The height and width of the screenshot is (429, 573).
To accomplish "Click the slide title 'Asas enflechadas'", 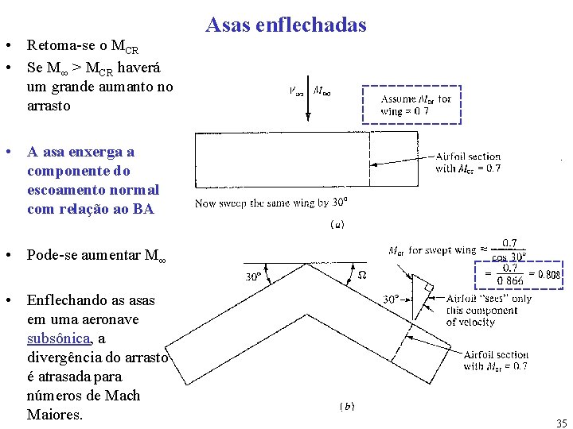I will point(286,25).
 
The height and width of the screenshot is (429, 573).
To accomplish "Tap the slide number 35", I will point(562,423).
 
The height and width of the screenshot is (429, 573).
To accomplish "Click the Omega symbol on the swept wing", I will point(362,275).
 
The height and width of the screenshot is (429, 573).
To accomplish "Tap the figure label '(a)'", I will point(337,225).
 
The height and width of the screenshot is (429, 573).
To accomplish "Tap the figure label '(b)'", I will point(348,406).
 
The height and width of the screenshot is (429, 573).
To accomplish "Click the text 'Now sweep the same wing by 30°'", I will point(271,203).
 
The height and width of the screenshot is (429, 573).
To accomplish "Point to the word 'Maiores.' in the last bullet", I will point(55,414).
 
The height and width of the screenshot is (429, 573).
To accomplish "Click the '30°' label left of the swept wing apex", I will point(254,277).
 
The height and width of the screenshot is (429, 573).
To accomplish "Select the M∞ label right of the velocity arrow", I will point(323,91).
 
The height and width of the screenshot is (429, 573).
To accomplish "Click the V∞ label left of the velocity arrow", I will point(295,91).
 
